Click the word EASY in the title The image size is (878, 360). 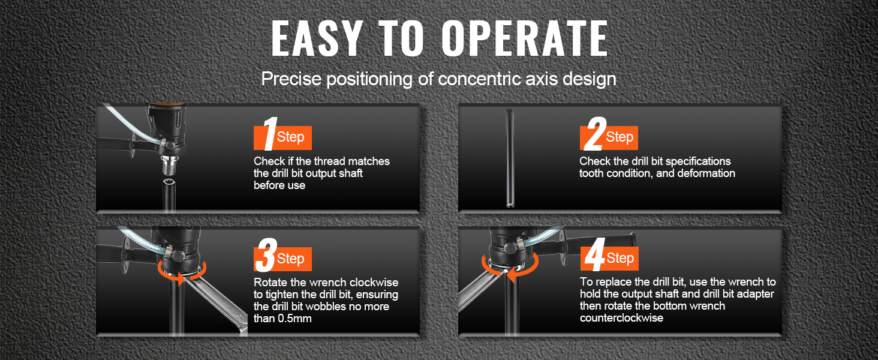tap(316, 38)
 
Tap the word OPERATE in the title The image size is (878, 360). tap(525, 38)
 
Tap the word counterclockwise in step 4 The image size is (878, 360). tap(622, 317)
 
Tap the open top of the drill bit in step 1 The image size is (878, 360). tap(169, 183)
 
